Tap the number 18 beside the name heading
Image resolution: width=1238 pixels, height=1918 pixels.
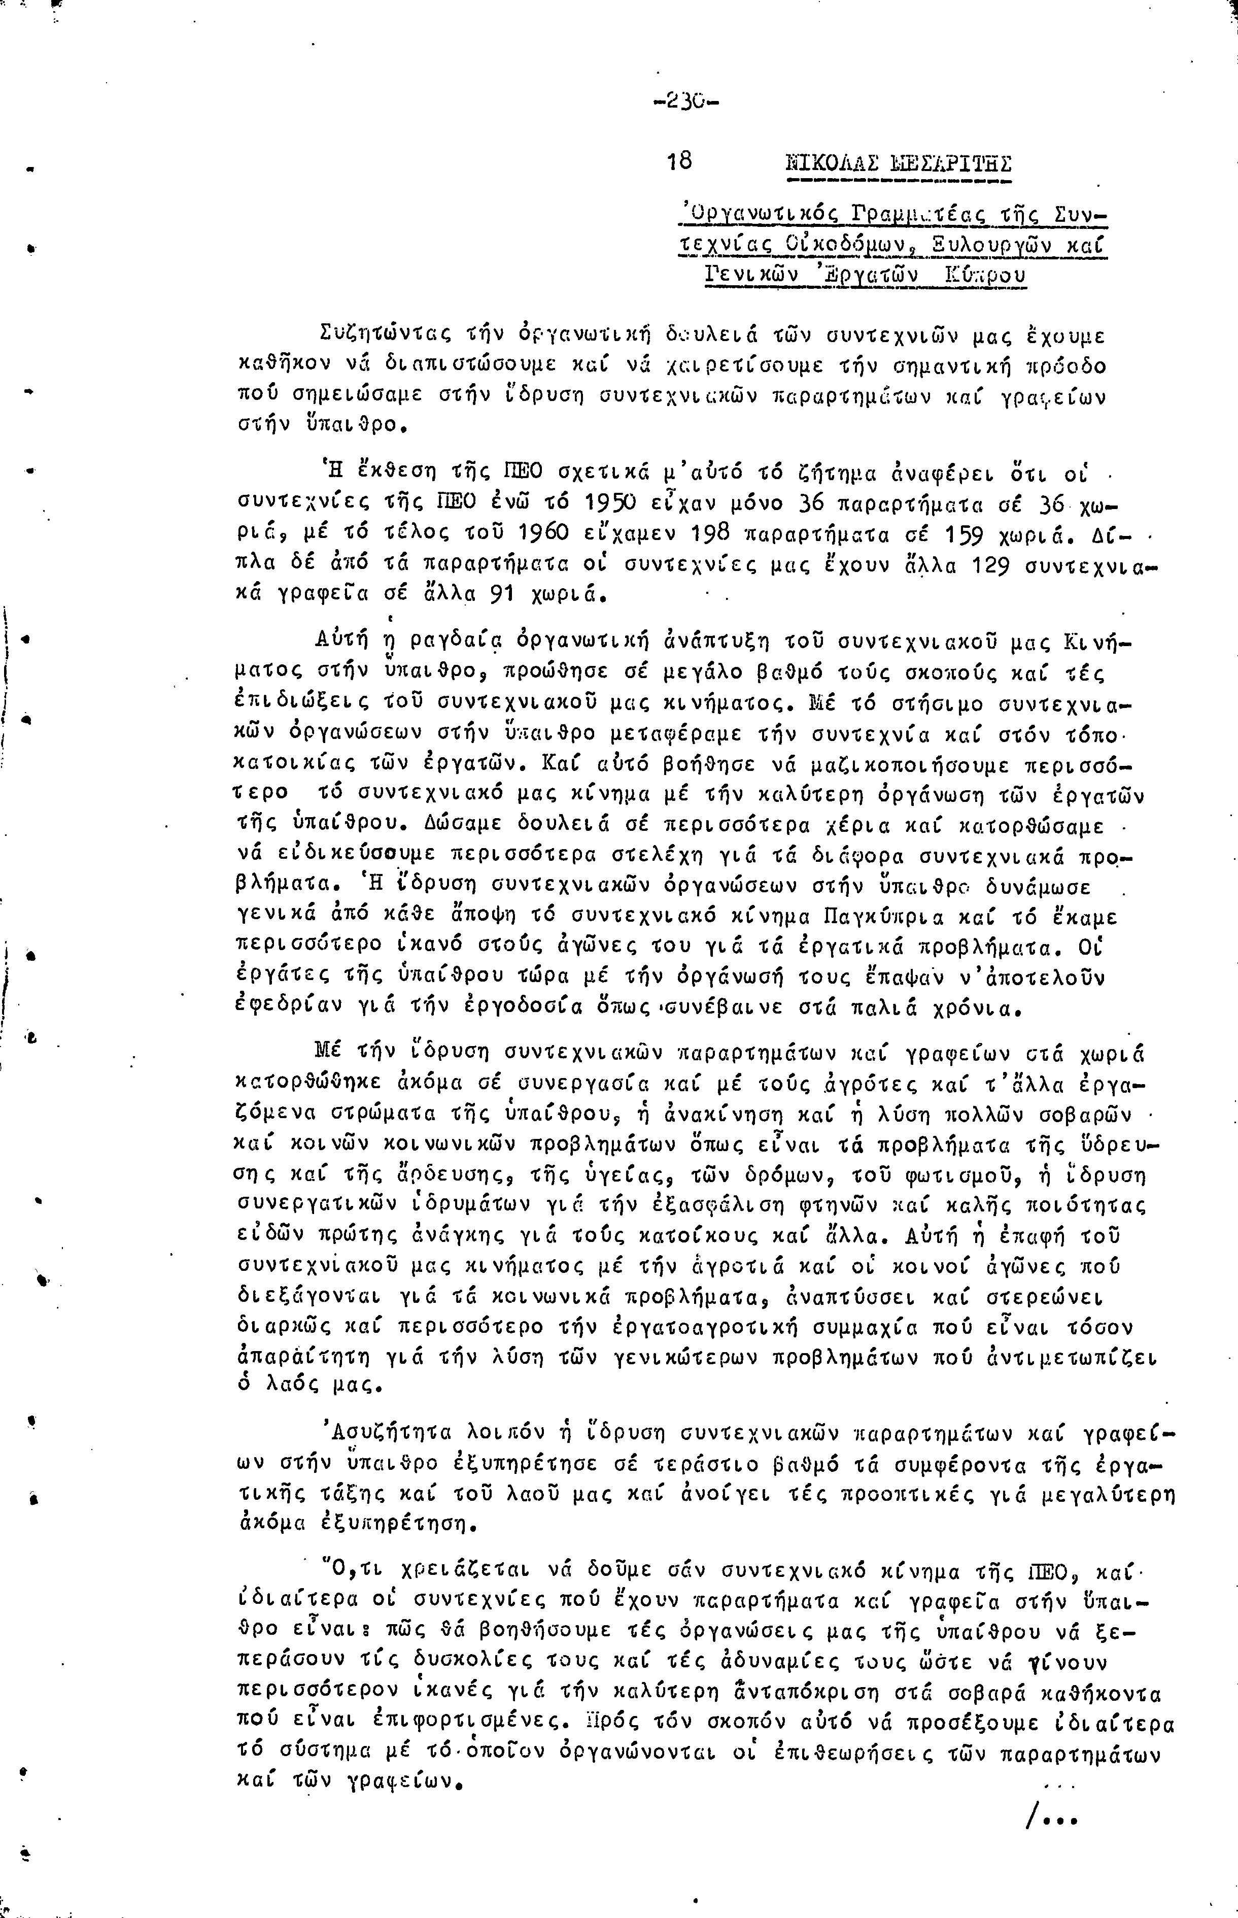click(679, 161)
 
